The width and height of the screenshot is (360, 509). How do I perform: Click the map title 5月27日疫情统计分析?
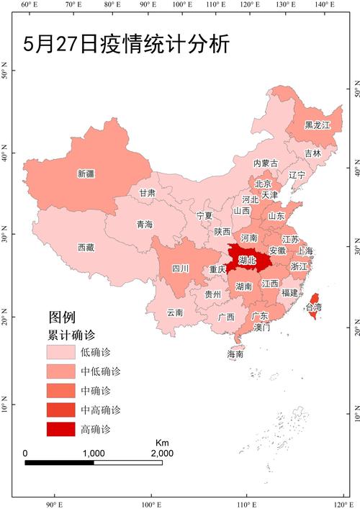click(x=126, y=45)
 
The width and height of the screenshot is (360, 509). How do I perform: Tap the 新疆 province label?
click(x=86, y=174)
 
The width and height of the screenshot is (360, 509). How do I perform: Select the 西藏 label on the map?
click(x=86, y=247)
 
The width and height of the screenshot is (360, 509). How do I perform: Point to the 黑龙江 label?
click(x=317, y=125)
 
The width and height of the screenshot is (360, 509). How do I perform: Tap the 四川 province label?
click(x=180, y=269)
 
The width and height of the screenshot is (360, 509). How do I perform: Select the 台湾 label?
click(x=314, y=307)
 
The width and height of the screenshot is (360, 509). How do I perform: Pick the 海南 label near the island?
click(x=235, y=354)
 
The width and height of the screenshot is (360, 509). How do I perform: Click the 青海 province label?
click(x=145, y=225)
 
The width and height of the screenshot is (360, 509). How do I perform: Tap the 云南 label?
click(x=175, y=312)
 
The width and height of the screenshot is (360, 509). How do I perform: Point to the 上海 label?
click(x=305, y=251)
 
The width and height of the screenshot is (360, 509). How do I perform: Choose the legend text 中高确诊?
click(x=100, y=410)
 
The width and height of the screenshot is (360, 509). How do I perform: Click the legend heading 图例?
click(x=61, y=317)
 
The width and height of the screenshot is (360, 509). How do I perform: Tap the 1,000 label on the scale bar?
click(x=94, y=454)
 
